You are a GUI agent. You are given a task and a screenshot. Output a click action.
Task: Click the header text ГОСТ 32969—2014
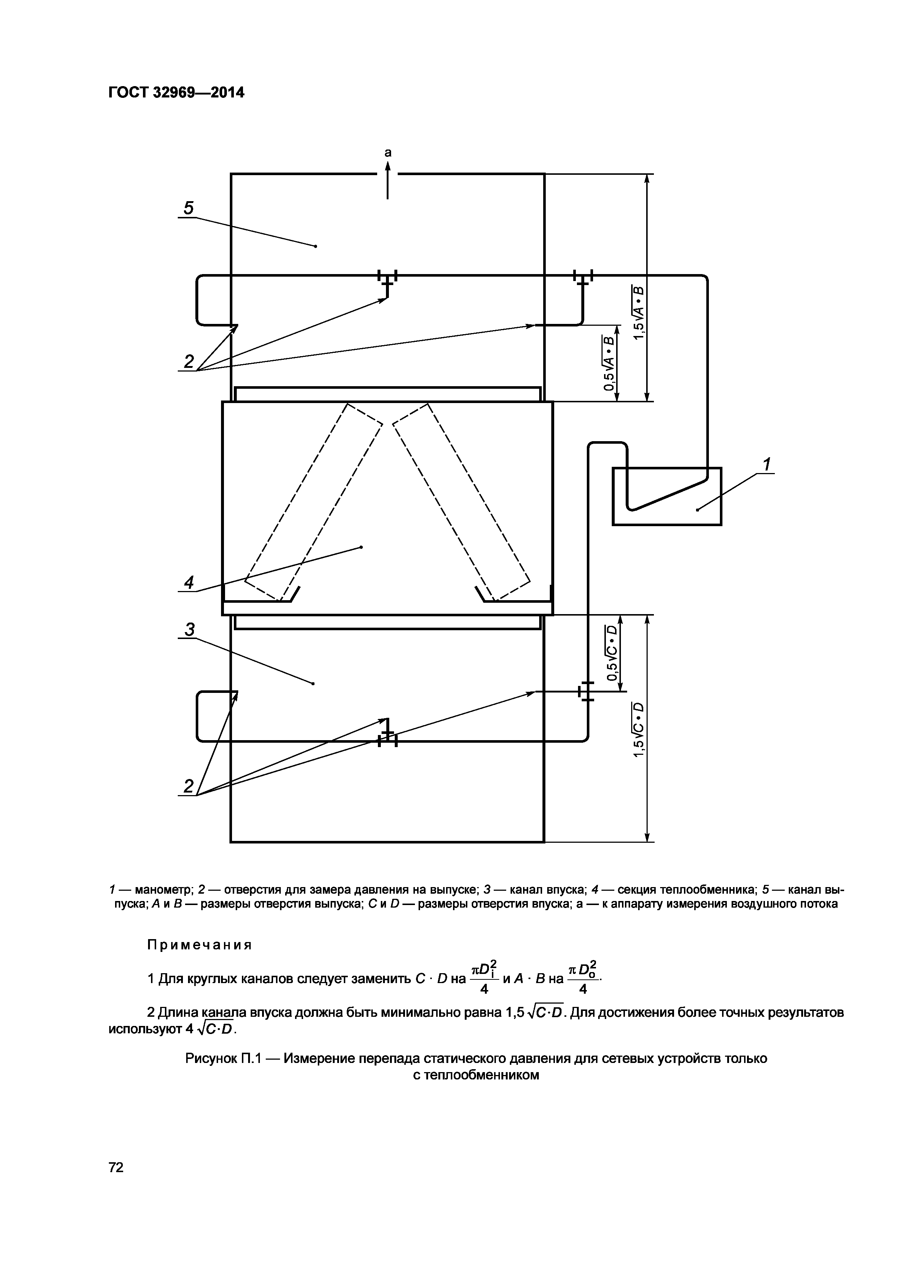coord(176,92)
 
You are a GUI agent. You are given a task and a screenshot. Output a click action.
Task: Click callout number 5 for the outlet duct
coord(189,208)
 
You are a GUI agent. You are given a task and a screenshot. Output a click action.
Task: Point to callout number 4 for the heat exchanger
coord(189,583)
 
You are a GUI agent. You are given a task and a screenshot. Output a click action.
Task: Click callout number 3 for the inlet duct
coord(190,629)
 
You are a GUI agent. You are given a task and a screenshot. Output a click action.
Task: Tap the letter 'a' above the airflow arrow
coord(387,152)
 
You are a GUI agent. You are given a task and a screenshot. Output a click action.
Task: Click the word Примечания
coord(199,945)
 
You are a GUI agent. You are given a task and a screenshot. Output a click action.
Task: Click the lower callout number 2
coord(189,786)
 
